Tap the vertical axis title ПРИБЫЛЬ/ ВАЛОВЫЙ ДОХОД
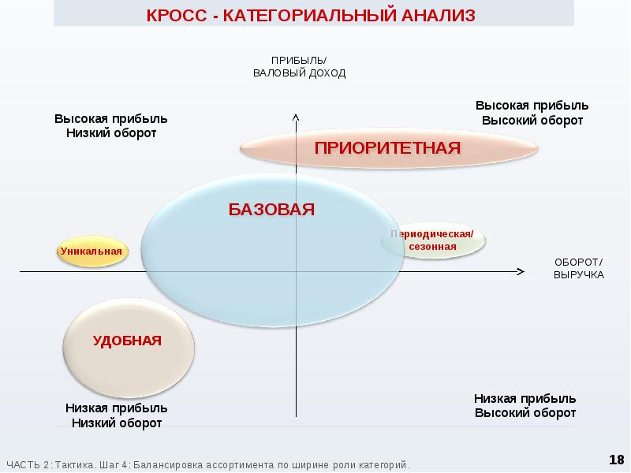click(x=299, y=67)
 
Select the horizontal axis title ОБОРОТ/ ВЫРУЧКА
click(x=578, y=268)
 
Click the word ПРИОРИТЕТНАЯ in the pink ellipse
click(x=387, y=148)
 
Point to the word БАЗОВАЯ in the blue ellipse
click(x=271, y=209)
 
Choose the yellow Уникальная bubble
click(x=91, y=251)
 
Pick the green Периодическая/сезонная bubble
click(x=432, y=241)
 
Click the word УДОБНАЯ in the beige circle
click(x=127, y=341)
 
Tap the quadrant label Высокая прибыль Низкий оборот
click(x=110, y=125)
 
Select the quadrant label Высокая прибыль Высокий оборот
click(x=532, y=113)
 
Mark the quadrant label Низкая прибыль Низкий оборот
click(x=117, y=416)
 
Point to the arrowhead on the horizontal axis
click(x=520, y=272)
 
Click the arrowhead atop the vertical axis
click(x=295, y=117)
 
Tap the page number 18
click(x=616, y=459)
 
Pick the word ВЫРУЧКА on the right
click(x=578, y=275)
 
